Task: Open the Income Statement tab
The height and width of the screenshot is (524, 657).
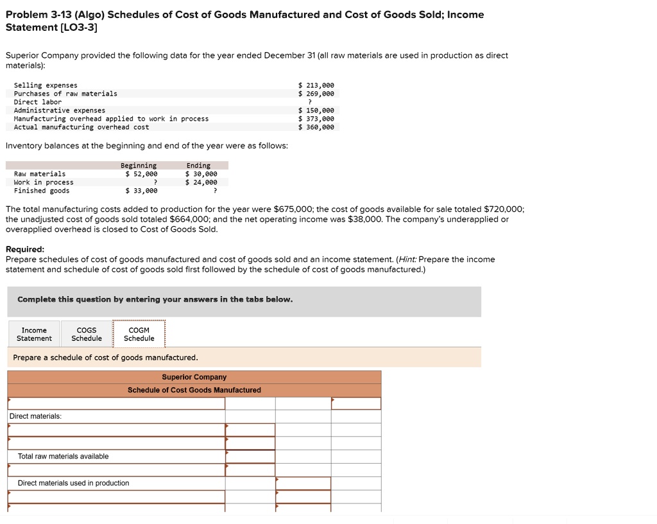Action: (x=34, y=334)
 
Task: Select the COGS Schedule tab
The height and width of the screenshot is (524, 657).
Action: (x=87, y=334)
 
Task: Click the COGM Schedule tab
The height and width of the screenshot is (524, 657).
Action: (x=139, y=334)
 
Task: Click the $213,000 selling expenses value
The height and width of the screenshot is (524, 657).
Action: (x=316, y=85)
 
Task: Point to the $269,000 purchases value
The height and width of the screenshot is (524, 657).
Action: (x=316, y=93)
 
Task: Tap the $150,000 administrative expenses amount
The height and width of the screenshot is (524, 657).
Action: (x=316, y=110)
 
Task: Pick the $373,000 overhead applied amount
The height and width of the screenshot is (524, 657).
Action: (x=316, y=119)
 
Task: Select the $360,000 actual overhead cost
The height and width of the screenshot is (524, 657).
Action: (x=316, y=127)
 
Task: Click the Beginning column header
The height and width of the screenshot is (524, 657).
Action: (x=139, y=166)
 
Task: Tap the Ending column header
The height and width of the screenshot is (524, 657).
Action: (x=198, y=166)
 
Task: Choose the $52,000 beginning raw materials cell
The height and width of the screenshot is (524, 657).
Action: (x=141, y=174)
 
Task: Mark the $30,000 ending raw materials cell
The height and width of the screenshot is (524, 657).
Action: (x=201, y=174)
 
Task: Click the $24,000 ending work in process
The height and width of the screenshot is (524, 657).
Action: (x=201, y=182)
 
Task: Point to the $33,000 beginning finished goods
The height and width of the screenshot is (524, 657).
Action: (x=141, y=191)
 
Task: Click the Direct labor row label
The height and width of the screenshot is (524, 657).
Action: (x=38, y=102)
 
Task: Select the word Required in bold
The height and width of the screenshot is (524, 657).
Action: (x=25, y=249)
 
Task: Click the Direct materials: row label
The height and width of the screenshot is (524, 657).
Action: (x=35, y=416)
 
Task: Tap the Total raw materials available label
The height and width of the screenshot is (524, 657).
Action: (x=63, y=456)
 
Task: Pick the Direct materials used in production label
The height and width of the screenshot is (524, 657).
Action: (x=73, y=483)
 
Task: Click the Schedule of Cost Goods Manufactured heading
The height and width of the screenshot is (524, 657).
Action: (x=194, y=390)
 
